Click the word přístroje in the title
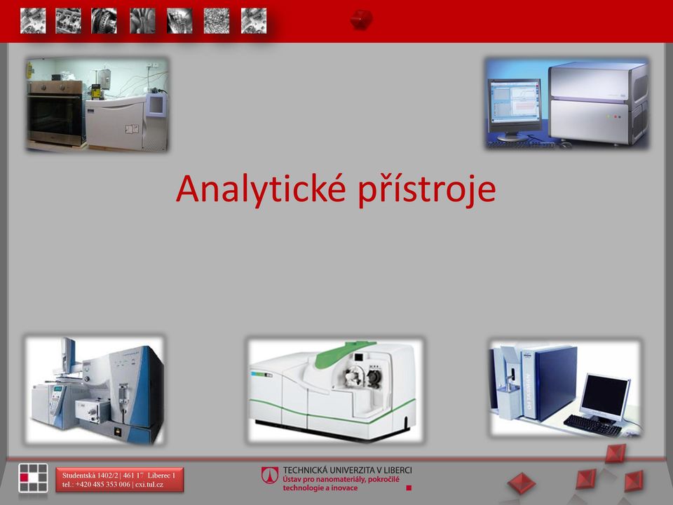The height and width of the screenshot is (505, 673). (427, 190)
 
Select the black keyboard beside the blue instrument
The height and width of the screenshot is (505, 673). (592, 425)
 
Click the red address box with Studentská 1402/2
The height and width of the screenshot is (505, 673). (120, 480)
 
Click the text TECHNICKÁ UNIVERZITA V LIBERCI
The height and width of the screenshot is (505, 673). (347, 470)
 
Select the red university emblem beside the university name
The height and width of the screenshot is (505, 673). (270, 476)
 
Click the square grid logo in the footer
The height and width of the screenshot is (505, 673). (33, 478)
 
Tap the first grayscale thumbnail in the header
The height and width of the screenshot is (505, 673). (33, 20)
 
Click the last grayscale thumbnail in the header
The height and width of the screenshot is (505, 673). (254, 20)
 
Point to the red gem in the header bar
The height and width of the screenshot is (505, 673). (361, 20)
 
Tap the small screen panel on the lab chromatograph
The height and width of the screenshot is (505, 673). (156, 105)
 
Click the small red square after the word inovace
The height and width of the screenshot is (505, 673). (409, 488)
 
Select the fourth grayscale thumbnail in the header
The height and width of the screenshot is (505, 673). (142, 20)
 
